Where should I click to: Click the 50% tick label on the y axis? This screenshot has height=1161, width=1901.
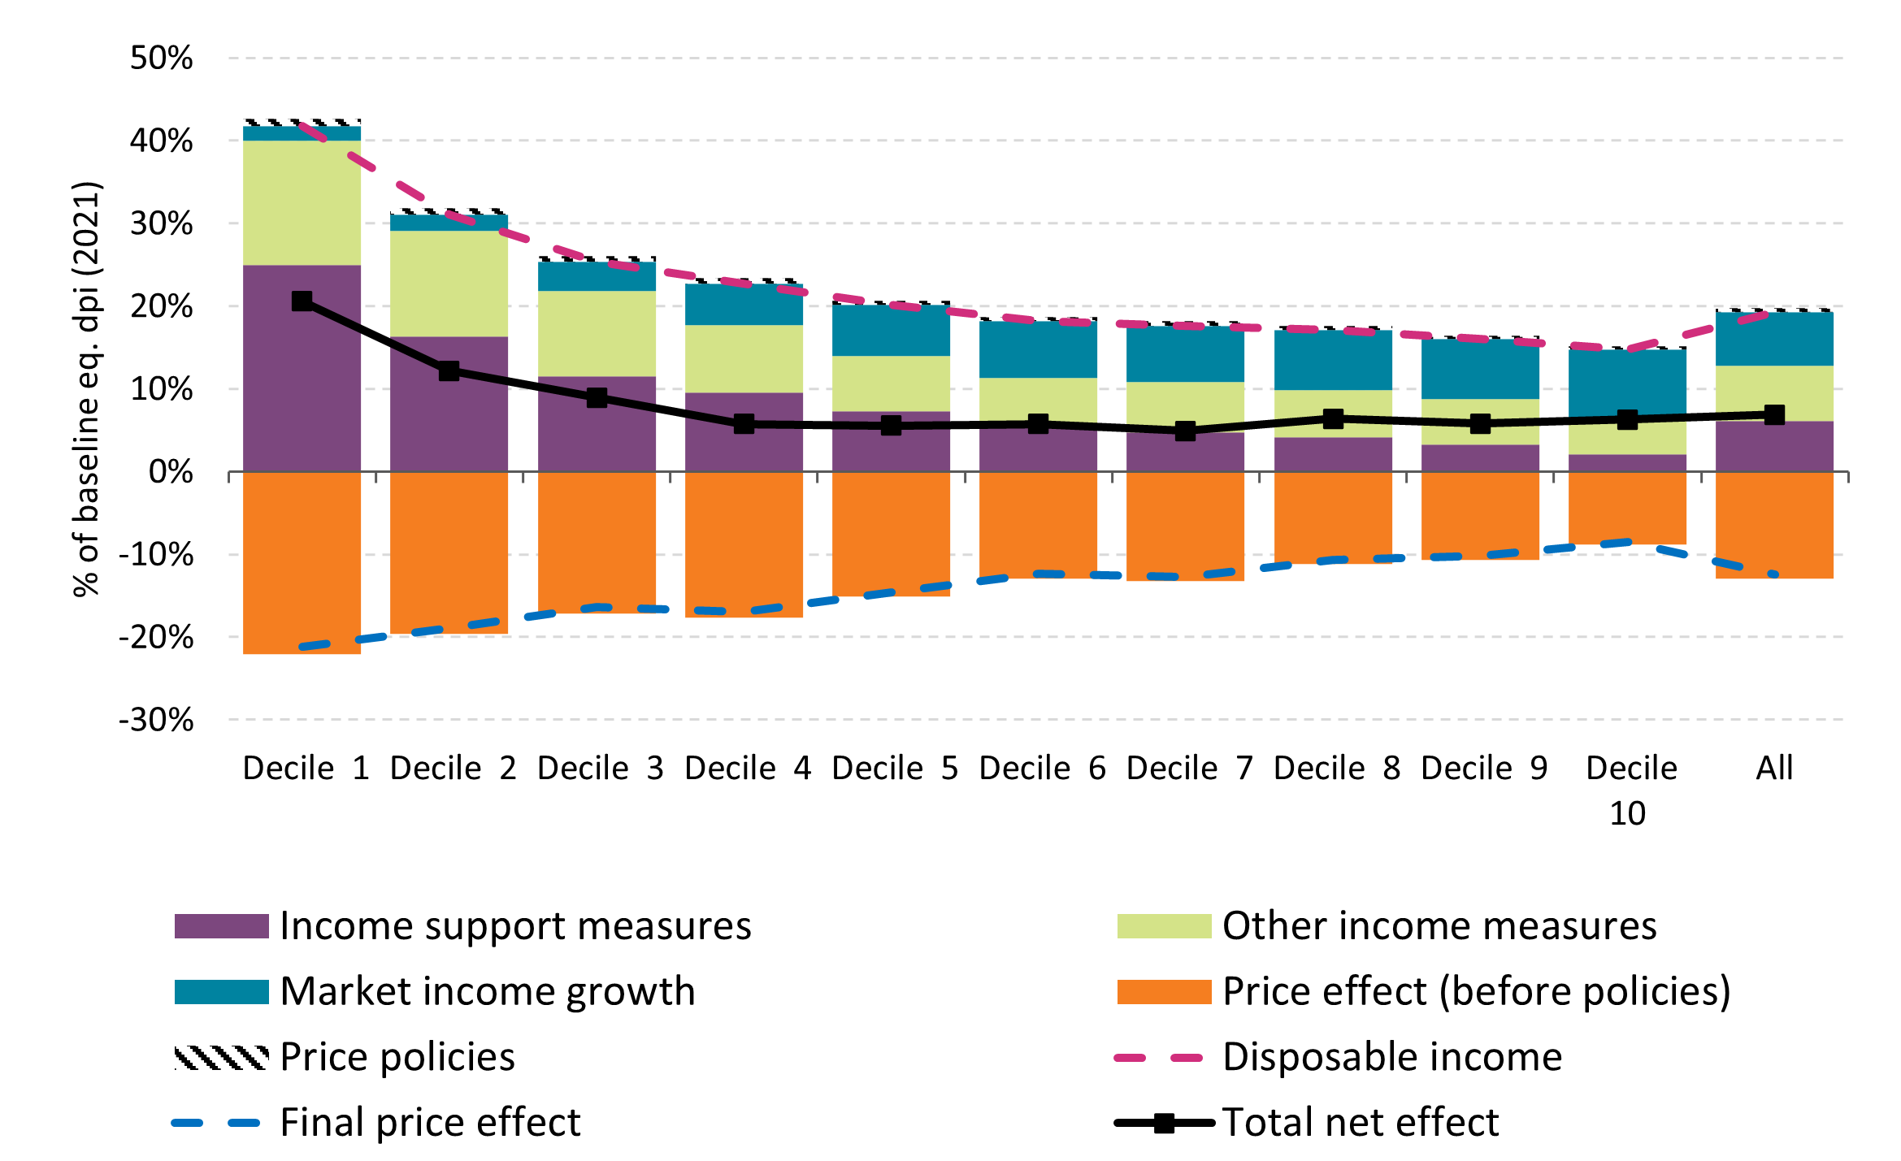click(x=161, y=58)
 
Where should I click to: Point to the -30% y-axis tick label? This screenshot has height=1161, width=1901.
click(x=156, y=720)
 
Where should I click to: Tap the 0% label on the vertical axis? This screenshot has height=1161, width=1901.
click(x=171, y=472)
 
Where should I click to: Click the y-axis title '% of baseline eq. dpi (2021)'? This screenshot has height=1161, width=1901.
click(x=87, y=388)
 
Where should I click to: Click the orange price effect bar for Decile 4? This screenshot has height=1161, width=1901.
click(x=744, y=544)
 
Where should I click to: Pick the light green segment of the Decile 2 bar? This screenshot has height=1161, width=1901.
click(x=449, y=284)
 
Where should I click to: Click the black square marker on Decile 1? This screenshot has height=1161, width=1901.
click(x=302, y=301)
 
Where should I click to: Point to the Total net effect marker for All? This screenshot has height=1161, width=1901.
click(x=1774, y=415)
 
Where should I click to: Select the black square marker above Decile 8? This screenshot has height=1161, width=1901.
click(x=1333, y=419)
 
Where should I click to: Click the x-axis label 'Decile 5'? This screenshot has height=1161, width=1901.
click(x=894, y=769)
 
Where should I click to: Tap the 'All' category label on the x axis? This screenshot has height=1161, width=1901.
click(x=1774, y=769)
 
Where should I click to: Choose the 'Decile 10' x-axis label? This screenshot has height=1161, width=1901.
click(x=1630, y=790)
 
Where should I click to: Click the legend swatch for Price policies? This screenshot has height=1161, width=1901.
click(x=221, y=1058)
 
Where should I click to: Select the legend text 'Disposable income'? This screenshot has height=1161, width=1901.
click(x=1391, y=1058)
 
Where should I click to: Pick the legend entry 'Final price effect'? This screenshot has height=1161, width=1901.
click(x=430, y=1124)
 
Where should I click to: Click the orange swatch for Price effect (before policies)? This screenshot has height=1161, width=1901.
click(x=1164, y=992)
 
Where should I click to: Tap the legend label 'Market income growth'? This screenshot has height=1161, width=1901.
click(x=488, y=992)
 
